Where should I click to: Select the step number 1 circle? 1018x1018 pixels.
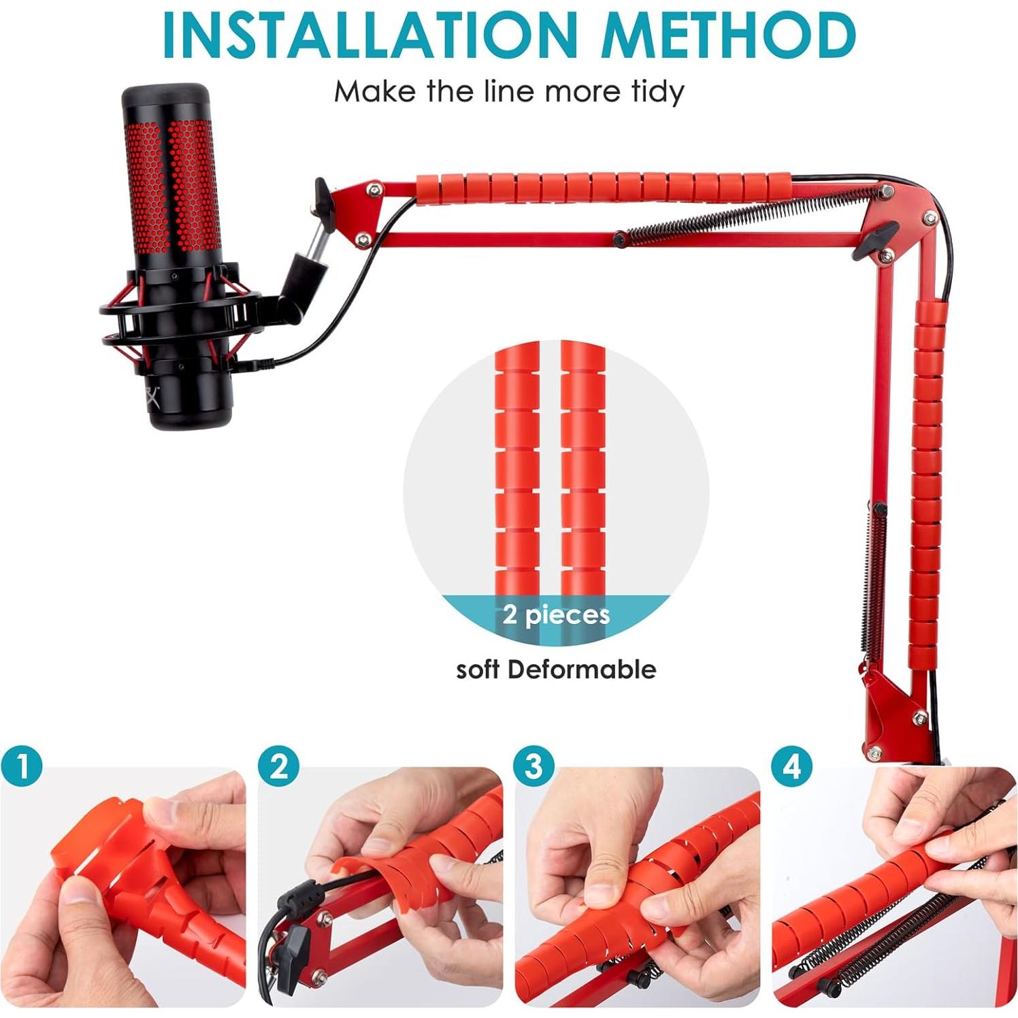[22, 767]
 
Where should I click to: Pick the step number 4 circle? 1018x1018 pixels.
[791, 767]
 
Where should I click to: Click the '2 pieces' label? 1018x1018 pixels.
[556, 615]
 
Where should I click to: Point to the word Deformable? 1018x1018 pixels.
[582, 670]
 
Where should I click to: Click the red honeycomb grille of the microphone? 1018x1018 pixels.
[170, 184]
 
